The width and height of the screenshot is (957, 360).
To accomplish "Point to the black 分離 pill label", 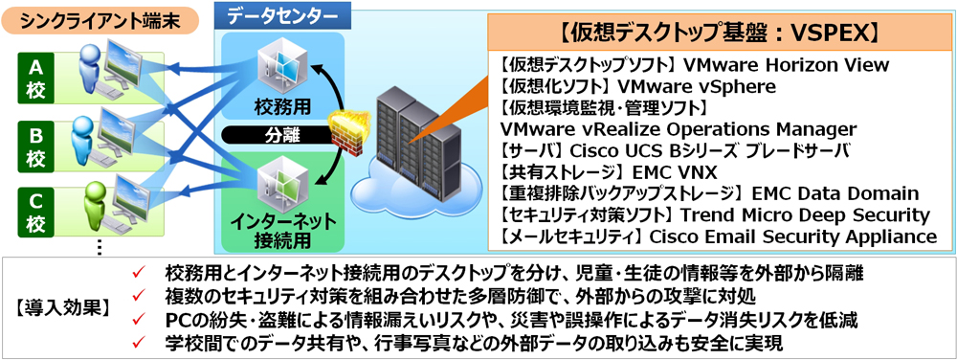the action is pyautogui.click(x=282, y=135).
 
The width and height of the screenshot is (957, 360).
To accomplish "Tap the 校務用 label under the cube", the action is pyautogui.click(x=282, y=108).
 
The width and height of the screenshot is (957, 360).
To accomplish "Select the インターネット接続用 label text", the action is pyautogui.click(x=282, y=228).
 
